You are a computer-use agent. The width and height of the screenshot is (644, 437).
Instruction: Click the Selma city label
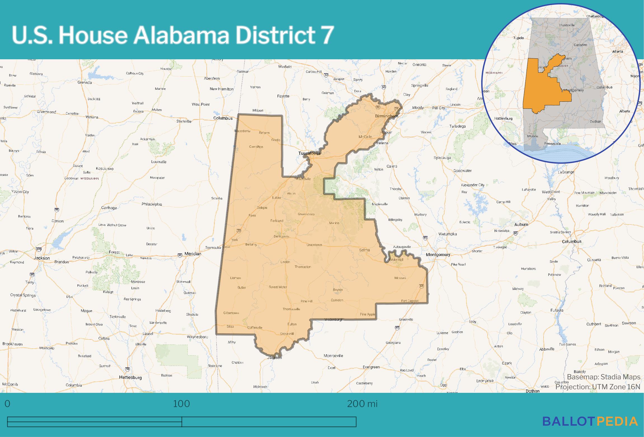pyautogui.click(x=364, y=250)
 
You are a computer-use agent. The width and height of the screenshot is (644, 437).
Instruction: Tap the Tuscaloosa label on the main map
pyautogui.click(x=309, y=153)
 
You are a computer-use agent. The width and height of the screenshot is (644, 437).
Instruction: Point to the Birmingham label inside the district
pyautogui.click(x=386, y=116)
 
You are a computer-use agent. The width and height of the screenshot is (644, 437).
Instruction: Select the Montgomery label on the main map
pyautogui.click(x=438, y=255)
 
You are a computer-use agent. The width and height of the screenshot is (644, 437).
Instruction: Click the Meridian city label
pyautogui.click(x=193, y=254)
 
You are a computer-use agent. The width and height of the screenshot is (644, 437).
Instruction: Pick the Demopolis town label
pyautogui.click(x=281, y=237)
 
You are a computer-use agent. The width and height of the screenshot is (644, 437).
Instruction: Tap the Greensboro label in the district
pyautogui.click(x=306, y=214)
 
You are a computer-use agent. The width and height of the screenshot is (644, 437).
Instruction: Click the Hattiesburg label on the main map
pyautogui.click(x=130, y=377)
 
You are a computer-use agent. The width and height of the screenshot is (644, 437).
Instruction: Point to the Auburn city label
pyautogui.click(x=521, y=224)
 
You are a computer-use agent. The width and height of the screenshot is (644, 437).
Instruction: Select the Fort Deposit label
pyautogui.click(x=410, y=301)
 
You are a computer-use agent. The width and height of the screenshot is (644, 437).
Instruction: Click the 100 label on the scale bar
pyautogui.click(x=182, y=404)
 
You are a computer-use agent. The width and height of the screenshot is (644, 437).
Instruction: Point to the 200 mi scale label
pyautogui.click(x=362, y=404)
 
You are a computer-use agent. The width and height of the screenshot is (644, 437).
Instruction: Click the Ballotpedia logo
pyautogui.click(x=590, y=421)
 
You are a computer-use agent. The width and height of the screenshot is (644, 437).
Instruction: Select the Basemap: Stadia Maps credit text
pyautogui.click(x=603, y=377)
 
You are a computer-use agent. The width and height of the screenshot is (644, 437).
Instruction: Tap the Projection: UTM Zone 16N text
pyautogui.click(x=598, y=387)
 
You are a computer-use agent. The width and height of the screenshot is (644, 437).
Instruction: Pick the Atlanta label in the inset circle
pyautogui.click(x=617, y=51)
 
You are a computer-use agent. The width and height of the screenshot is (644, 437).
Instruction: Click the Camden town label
pyautogui.click(x=337, y=300)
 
